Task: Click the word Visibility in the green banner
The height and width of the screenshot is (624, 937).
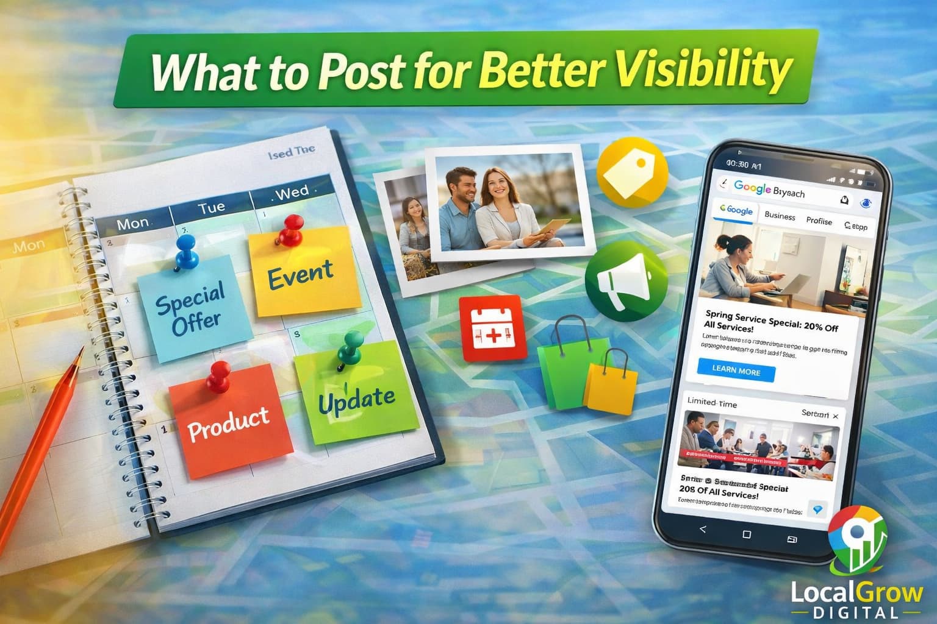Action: click(x=702, y=68)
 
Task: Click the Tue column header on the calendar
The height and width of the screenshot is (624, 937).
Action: click(x=211, y=207)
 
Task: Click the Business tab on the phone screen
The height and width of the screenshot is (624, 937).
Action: click(x=779, y=216)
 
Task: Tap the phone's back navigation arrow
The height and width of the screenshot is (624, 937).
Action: click(x=703, y=528)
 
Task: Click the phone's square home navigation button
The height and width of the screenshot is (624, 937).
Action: click(x=747, y=534)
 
